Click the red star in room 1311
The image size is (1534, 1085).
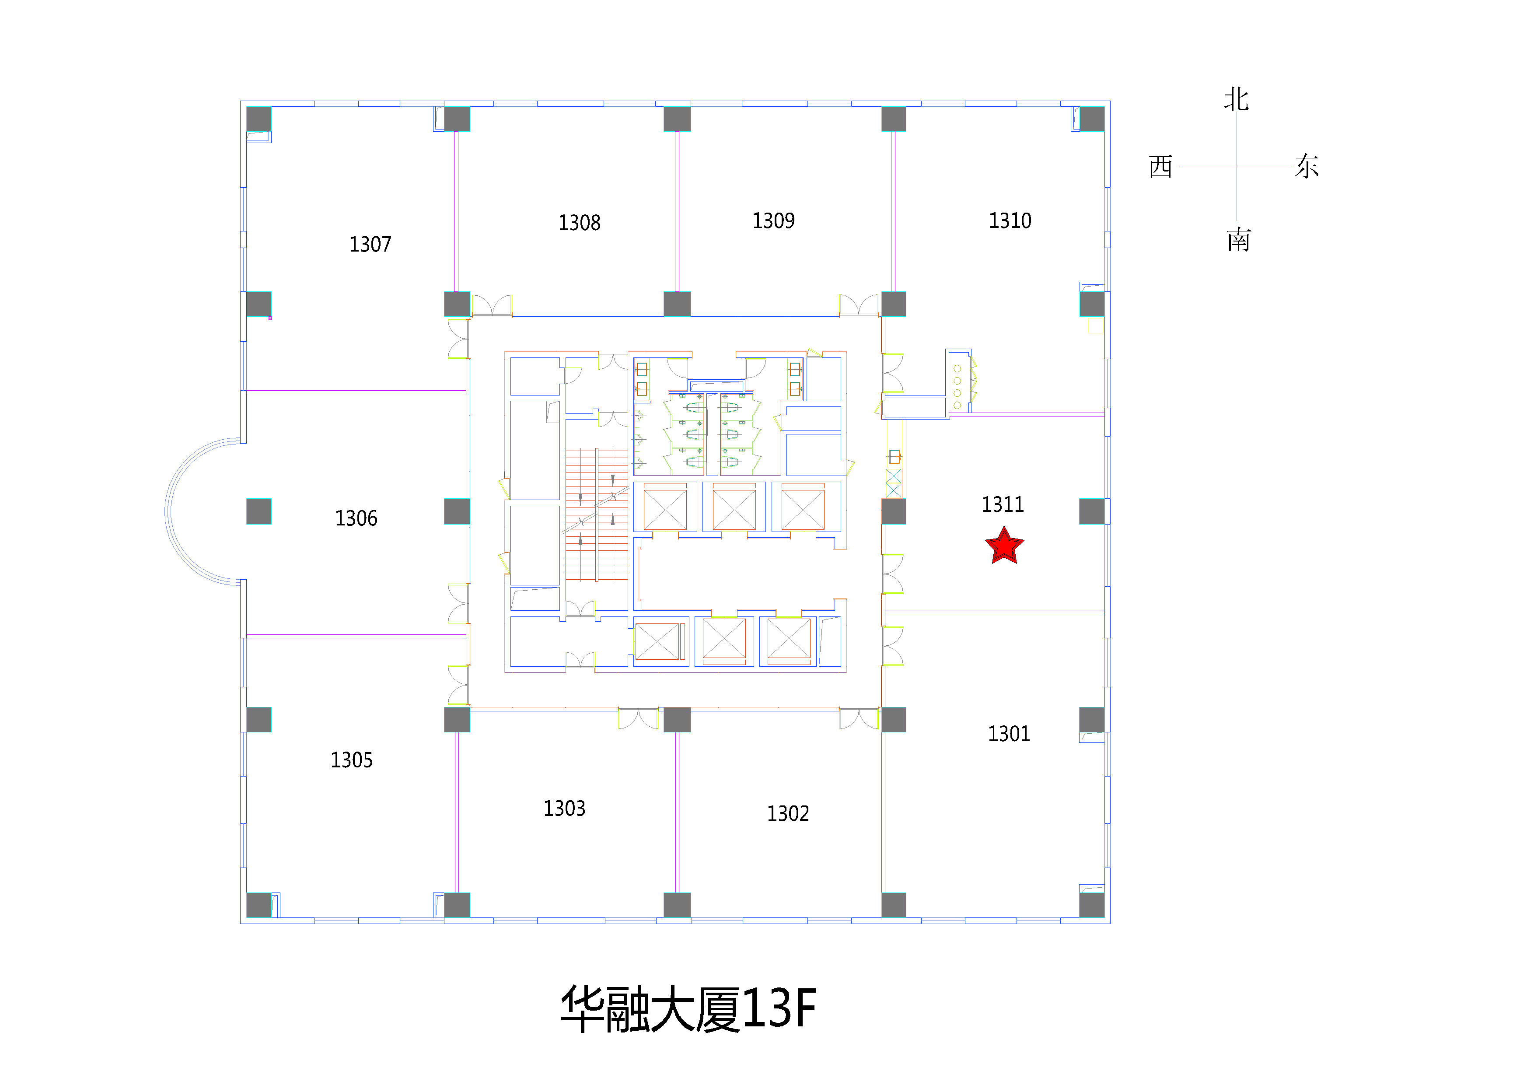tap(1004, 546)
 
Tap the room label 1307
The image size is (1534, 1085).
tap(370, 245)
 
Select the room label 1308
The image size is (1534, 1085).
tap(579, 223)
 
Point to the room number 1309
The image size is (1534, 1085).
tap(774, 221)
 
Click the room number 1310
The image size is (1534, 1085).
tap(1010, 221)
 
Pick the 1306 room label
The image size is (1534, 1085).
tap(356, 518)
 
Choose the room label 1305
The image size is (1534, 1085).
tap(351, 760)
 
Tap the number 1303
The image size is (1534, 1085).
tap(565, 809)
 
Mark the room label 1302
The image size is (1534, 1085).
tap(788, 814)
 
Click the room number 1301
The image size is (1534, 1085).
tap(1009, 734)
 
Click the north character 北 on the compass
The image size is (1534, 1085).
tap(1237, 100)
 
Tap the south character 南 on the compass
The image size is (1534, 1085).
tap(1239, 240)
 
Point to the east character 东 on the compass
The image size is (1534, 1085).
tap(1307, 166)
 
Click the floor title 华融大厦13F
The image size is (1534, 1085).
tap(688, 1009)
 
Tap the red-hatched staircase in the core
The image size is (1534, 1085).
tap(597, 514)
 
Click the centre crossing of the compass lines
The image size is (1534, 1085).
tap(1237, 166)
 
